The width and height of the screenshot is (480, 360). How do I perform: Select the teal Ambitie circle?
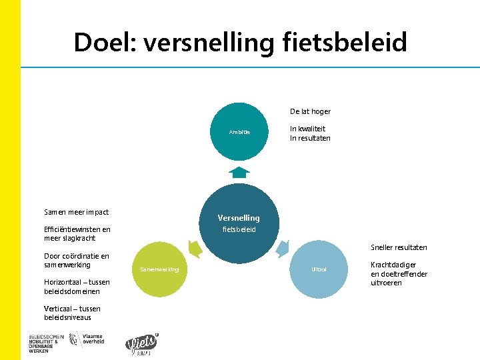coord(240,132)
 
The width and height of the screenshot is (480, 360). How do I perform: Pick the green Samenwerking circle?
coord(160,269)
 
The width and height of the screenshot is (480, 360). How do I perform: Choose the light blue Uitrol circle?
coord(319,269)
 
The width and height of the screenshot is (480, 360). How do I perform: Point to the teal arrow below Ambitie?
coord(239,172)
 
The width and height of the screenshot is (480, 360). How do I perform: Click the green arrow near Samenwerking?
coord(195,249)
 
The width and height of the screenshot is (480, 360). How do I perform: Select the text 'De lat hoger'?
coord(310,111)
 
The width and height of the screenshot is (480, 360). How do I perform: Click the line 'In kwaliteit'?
coord(308,129)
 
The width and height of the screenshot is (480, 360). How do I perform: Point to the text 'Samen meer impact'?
coord(76,212)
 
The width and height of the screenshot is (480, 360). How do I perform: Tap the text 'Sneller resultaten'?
coord(399,247)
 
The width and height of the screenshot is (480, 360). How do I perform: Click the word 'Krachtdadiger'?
coord(393,265)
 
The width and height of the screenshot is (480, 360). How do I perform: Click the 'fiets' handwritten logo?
coord(141,343)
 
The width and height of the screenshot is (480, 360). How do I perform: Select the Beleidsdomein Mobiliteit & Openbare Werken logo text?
coord(46,341)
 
